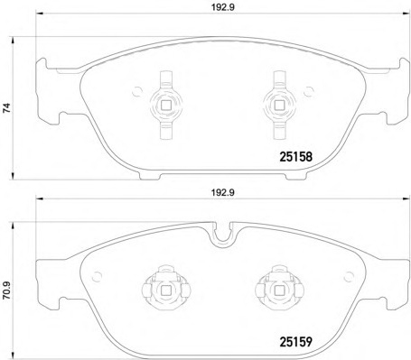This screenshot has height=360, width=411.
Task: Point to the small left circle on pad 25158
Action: pos(136,89)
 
